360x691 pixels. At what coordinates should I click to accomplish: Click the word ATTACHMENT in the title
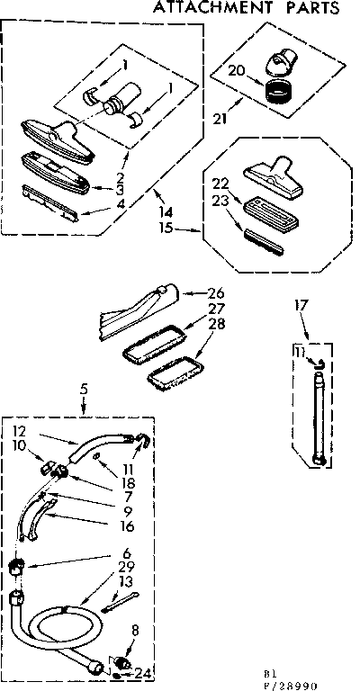tap(212, 9)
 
